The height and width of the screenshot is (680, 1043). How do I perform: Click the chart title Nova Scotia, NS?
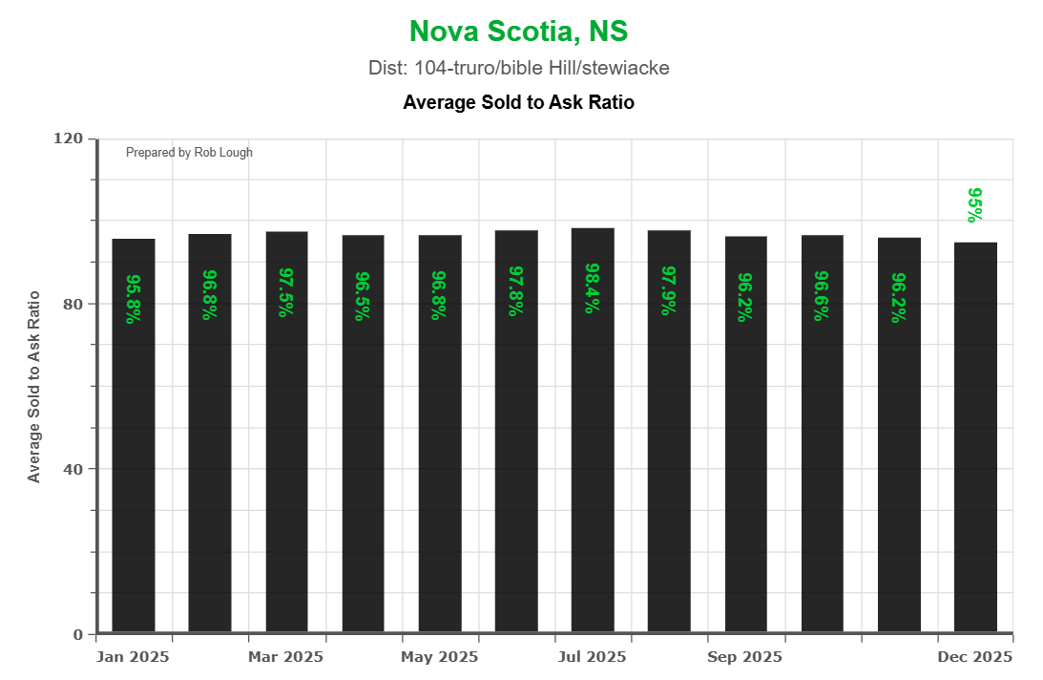(x=518, y=32)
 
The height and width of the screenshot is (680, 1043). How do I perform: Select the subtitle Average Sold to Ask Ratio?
(x=518, y=102)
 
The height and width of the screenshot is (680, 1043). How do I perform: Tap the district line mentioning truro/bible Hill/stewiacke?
(x=518, y=69)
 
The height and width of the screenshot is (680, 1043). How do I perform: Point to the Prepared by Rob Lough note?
(x=189, y=153)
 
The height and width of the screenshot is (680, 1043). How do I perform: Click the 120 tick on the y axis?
(x=69, y=138)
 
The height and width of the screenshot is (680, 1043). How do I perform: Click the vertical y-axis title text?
(x=34, y=386)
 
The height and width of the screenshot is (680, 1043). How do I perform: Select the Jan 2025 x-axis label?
(x=133, y=657)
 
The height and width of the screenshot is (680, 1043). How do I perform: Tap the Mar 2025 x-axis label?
(x=285, y=657)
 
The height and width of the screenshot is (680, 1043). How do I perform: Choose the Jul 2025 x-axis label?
(x=592, y=657)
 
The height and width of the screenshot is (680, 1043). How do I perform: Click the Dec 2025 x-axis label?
(x=975, y=657)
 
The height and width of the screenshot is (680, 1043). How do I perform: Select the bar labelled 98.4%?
(x=593, y=430)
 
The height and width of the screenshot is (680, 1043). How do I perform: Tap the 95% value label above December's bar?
(x=975, y=205)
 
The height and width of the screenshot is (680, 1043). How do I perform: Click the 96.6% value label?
(x=822, y=296)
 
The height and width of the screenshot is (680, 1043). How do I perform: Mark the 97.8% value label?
(x=516, y=290)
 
